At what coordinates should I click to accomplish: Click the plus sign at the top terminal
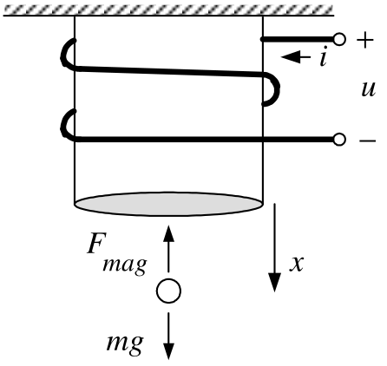coord(365,40)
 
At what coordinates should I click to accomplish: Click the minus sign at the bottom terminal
coord(367,141)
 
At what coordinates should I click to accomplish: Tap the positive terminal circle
coord(339,39)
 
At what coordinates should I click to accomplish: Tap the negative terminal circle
coord(339,140)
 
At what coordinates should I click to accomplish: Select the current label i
coord(324,56)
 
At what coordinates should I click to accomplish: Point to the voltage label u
coord(368,89)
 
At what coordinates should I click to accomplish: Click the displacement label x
coord(297,264)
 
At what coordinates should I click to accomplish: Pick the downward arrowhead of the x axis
coord(274,283)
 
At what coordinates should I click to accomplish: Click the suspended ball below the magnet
coord(168,291)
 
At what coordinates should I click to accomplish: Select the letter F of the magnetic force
coord(95,244)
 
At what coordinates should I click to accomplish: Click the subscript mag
coord(125,265)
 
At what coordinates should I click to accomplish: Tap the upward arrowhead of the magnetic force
coord(168,233)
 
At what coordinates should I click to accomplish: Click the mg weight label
coord(125,343)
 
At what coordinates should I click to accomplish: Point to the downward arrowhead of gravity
coord(168,350)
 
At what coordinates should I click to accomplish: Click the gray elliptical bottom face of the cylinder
coord(168,204)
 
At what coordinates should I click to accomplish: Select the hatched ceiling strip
coord(168,10)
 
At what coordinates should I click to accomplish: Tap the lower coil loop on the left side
coord(63,125)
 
